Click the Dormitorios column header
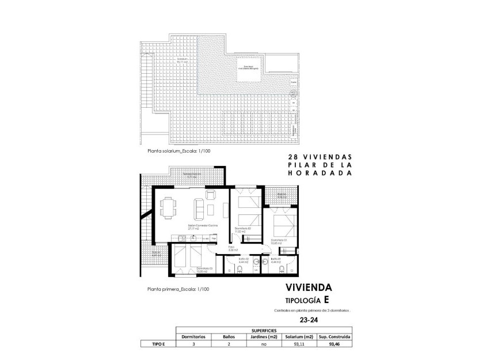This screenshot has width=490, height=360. click(194, 337)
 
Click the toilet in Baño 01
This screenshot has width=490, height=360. click(282, 269)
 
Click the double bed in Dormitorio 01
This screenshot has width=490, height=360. click(282, 223)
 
